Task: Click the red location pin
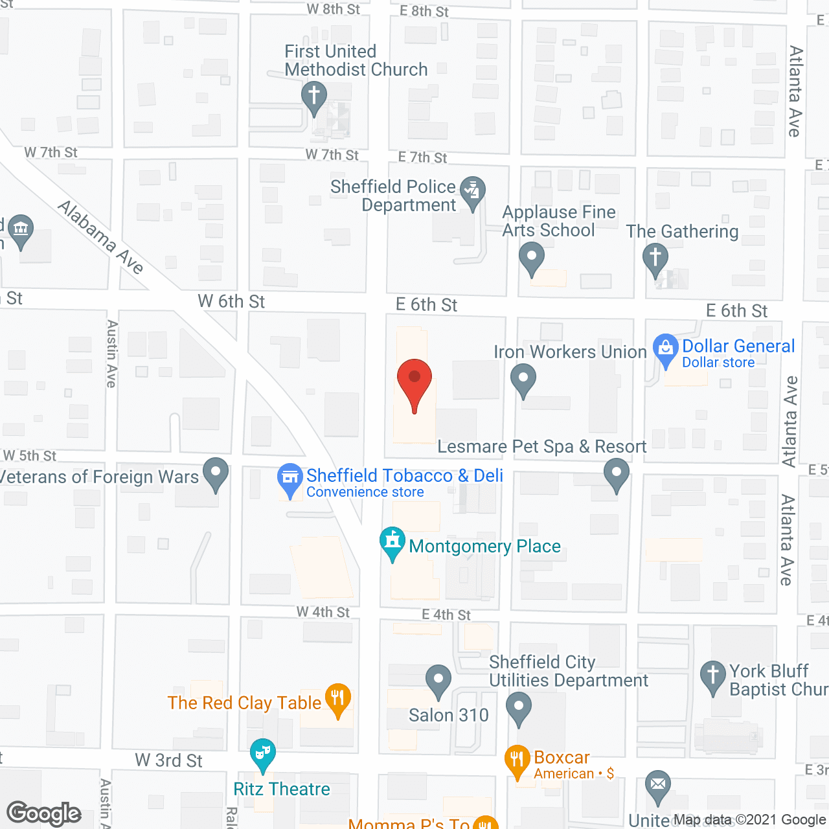pos(414,379)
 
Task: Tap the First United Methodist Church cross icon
pos(314,97)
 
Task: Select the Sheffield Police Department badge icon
pos(473,191)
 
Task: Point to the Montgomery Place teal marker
pos(392,541)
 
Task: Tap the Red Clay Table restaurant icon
pos(337,698)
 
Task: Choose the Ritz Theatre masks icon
pos(262,753)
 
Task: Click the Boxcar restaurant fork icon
pos(517,758)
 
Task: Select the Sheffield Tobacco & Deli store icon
pos(290,478)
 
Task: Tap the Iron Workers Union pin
pos(523,378)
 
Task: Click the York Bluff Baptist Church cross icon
pos(713,675)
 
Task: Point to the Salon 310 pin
pos(438,679)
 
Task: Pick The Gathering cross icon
pos(655,257)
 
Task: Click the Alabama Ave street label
pos(100,237)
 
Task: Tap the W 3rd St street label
pos(168,760)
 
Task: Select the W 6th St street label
pos(231,301)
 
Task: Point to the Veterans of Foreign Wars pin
pos(216,472)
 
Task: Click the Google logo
pos(43,813)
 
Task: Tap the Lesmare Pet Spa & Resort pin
pos(617,473)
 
